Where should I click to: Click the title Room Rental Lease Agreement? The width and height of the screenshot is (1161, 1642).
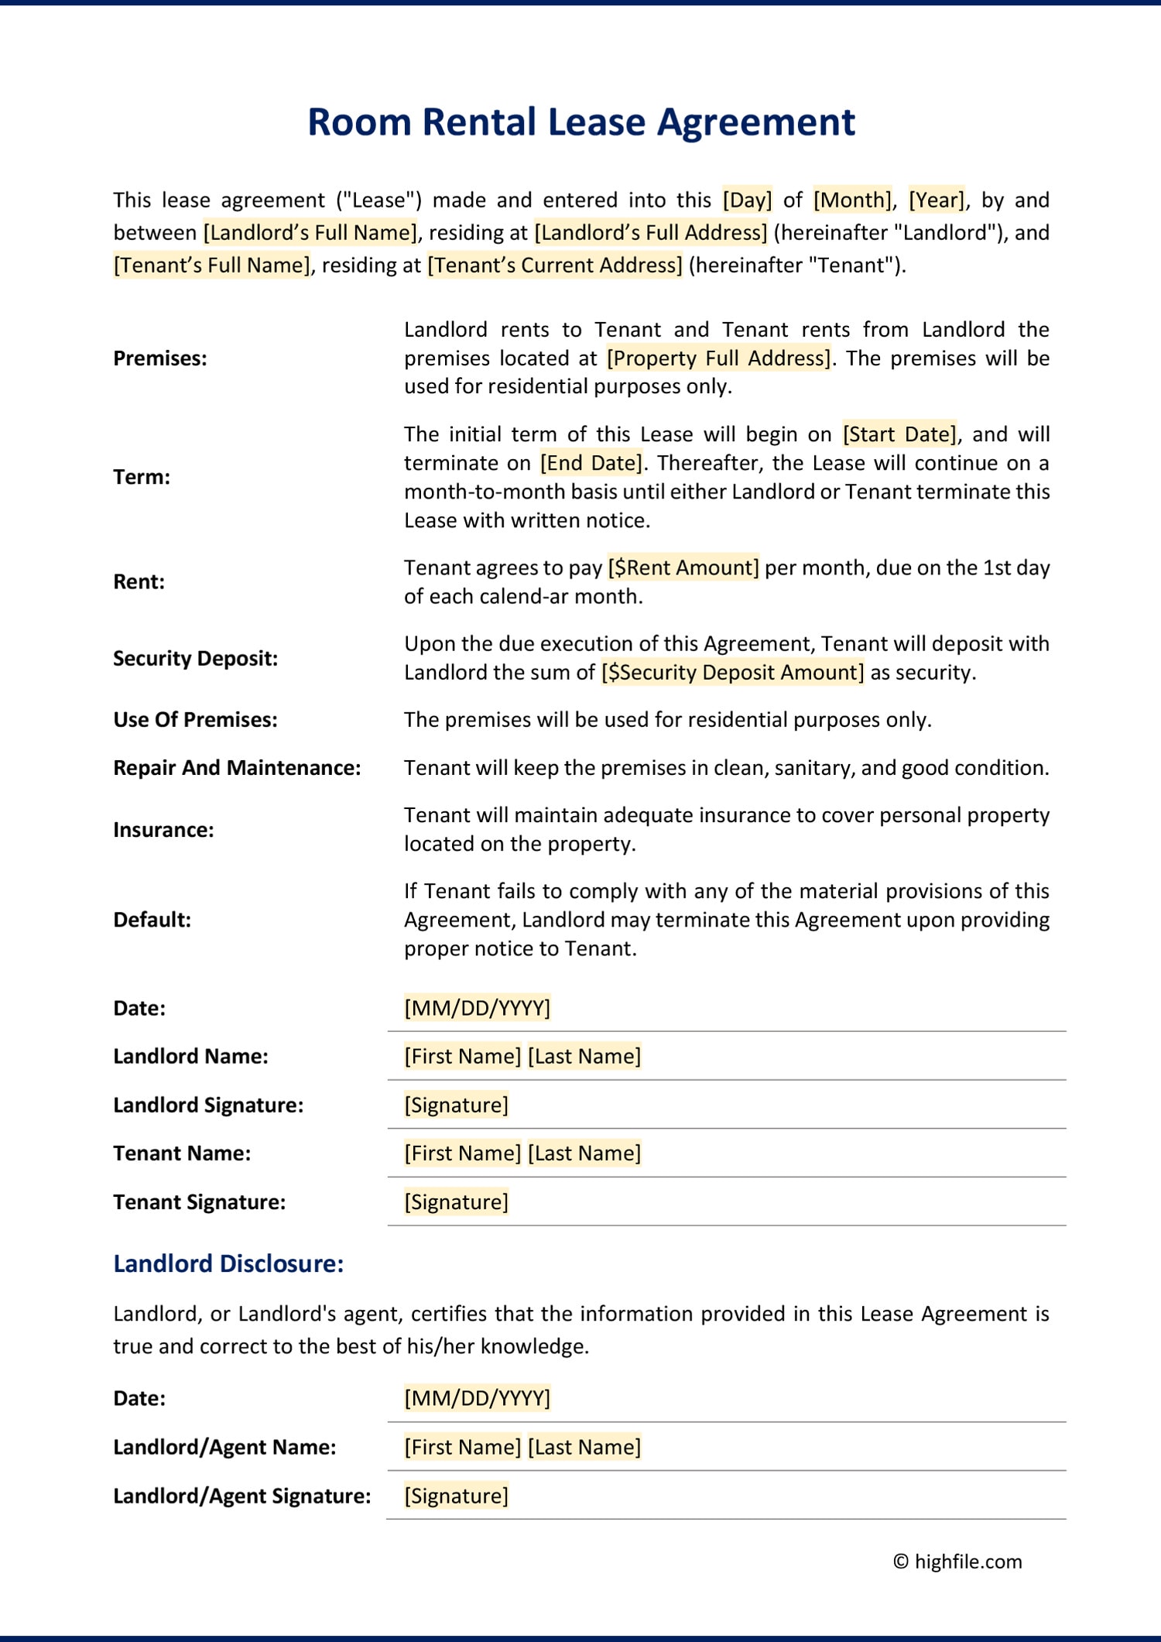pos(580,122)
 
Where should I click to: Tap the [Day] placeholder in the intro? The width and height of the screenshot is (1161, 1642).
pos(747,200)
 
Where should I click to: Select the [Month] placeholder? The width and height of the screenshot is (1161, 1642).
pos(852,200)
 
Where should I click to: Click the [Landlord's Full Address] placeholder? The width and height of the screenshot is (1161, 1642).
pos(650,232)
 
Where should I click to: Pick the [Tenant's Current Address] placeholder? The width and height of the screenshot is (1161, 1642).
pos(554,265)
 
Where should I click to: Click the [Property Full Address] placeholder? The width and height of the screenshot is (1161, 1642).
pos(717,358)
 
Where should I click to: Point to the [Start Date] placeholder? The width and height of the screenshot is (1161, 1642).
pos(899,434)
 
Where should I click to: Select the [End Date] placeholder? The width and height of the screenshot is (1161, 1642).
pos(591,463)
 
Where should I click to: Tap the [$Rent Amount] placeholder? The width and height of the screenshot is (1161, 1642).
pos(683,567)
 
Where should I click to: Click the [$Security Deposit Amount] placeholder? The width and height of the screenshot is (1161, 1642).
pos(732,672)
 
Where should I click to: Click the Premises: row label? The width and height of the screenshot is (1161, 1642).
pos(160,358)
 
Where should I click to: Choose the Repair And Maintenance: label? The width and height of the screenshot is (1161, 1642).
pos(237,768)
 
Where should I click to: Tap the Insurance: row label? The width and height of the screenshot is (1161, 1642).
pos(163,830)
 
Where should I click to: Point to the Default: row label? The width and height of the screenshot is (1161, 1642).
pos(152,920)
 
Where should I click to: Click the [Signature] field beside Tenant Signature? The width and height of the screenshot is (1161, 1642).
pos(456,1202)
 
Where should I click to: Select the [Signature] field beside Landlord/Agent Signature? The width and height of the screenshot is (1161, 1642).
pos(456,1496)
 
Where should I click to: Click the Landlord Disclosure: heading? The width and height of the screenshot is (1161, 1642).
pos(228,1263)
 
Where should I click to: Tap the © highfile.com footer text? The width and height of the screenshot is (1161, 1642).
pos(957,1561)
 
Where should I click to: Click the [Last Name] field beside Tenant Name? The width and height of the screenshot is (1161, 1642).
pos(584,1154)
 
